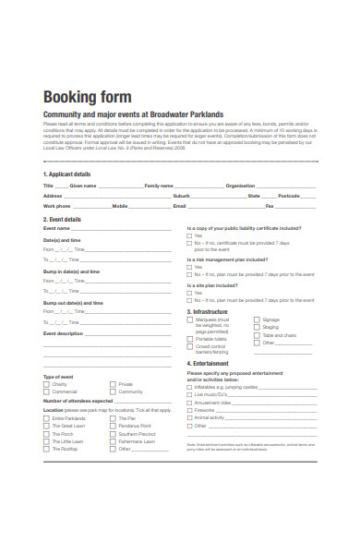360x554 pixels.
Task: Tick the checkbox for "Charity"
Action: [46, 384]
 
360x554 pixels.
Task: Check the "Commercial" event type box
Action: [46, 391]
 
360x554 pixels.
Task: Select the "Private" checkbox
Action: [113, 384]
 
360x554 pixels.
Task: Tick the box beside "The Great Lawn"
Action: [46, 426]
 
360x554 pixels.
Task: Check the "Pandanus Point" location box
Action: [113, 426]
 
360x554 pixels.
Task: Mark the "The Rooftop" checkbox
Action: [46, 448]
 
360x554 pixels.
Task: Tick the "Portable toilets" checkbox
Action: [190, 339]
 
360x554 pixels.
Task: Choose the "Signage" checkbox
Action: [257, 320]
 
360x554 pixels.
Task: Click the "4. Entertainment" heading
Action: [208, 363]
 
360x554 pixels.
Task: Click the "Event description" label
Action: [64, 332]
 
